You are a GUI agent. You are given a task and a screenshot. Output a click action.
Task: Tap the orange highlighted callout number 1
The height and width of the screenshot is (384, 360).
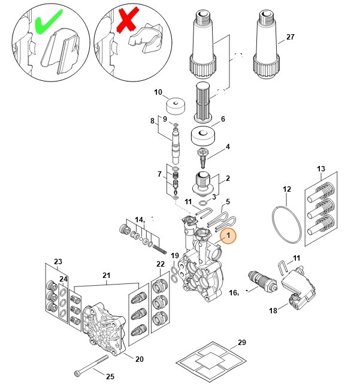click(x=227, y=237)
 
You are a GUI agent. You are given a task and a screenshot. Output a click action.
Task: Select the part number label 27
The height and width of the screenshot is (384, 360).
click(x=291, y=37)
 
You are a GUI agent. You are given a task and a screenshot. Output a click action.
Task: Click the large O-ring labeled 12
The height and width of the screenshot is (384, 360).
click(x=286, y=224)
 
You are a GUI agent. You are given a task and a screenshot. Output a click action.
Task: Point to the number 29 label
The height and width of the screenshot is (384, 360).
click(x=241, y=343)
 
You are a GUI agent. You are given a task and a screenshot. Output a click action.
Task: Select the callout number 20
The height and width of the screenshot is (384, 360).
click(x=140, y=359)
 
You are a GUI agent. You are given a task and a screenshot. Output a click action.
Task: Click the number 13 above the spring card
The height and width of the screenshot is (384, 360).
click(x=320, y=168)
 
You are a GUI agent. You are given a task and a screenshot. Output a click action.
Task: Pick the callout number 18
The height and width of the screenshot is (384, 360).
click(x=273, y=311)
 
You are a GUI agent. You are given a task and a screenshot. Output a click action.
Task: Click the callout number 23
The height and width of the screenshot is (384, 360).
click(x=58, y=262)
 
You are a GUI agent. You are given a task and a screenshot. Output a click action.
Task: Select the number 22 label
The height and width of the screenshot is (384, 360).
click(x=160, y=264)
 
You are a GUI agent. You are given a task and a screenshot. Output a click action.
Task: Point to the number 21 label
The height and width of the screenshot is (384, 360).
click(x=107, y=275)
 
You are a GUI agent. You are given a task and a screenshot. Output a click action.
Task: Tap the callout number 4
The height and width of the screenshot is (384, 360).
click(x=227, y=146)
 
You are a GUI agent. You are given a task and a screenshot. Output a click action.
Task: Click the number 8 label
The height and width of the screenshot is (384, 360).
click(x=152, y=121)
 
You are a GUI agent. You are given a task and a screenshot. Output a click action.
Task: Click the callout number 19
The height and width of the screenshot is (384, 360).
click(x=174, y=256)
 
